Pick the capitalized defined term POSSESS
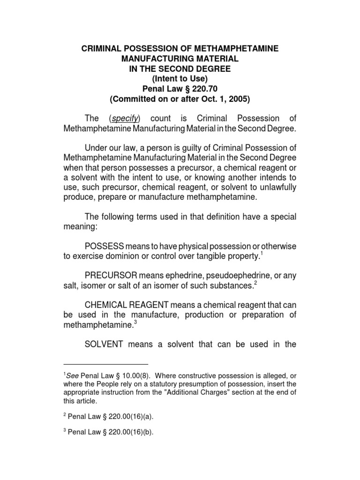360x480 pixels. [x=105, y=246]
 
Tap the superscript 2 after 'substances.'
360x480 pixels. [x=255, y=283]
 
